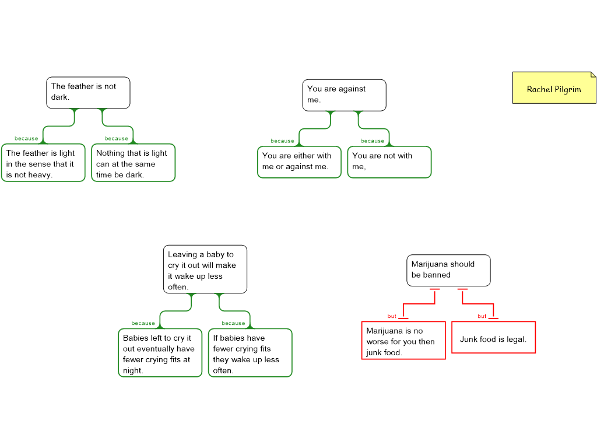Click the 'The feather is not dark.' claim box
88,93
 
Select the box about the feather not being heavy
43,163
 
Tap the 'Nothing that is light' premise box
134,163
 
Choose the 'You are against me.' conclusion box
345,95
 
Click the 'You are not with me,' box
389,162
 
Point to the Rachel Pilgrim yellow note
554,88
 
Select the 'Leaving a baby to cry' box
205,269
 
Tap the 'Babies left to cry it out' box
160,353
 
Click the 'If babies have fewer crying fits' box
250,353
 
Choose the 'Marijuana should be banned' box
448,270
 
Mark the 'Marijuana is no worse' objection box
403,341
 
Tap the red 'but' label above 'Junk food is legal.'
482,316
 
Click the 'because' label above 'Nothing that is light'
116,138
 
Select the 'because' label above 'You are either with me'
283,141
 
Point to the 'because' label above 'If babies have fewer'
234,323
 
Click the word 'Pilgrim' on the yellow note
567,89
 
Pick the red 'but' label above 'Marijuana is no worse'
392,316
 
